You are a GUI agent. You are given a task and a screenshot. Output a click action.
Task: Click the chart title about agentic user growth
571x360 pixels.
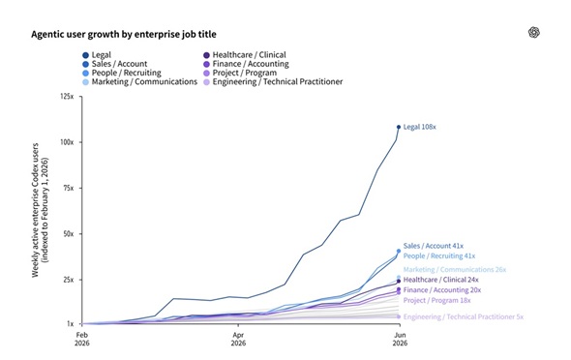pyautogui.click(x=124, y=34)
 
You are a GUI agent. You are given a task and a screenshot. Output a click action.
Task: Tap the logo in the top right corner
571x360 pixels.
pyautogui.click(x=534, y=32)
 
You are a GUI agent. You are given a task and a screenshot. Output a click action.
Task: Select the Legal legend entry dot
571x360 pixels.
pyautogui.click(x=85, y=55)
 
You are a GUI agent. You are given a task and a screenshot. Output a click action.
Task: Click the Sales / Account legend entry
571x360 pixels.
pyautogui.click(x=115, y=64)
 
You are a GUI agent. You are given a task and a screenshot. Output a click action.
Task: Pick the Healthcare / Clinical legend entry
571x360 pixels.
pyautogui.click(x=245, y=55)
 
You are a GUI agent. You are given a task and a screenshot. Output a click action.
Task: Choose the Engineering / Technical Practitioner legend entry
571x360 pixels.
pyautogui.click(x=273, y=82)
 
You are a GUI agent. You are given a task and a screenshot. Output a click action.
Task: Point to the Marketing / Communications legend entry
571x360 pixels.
pyautogui.click(x=139, y=82)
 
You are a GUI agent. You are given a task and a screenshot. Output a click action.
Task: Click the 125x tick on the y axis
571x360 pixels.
pyautogui.click(x=67, y=97)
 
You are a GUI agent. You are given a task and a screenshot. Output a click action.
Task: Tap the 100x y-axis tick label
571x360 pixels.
pyautogui.click(x=67, y=142)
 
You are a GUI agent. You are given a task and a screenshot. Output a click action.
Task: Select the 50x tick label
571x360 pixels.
pyautogui.click(x=68, y=233)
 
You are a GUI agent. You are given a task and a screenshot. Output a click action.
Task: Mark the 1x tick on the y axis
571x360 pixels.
pyautogui.click(x=70, y=323)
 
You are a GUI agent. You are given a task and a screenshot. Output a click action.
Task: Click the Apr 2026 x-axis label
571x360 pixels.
pyautogui.click(x=238, y=339)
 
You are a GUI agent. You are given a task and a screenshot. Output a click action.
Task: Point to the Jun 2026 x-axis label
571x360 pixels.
pyautogui.click(x=400, y=339)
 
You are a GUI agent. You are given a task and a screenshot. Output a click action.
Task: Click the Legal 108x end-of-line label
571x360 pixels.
pyautogui.click(x=419, y=127)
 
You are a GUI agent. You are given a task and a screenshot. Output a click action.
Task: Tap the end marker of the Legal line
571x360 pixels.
pyautogui.click(x=399, y=127)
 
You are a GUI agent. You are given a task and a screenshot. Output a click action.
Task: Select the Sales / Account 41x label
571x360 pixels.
pyautogui.click(x=434, y=246)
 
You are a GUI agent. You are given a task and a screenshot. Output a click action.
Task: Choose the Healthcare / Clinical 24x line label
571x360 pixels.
pyautogui.click(x=440, y=280)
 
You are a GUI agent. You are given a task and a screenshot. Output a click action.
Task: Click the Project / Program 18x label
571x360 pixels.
pyautogui.click(x=437, y=300)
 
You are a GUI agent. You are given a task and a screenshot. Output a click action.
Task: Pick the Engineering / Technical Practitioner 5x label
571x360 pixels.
pyautogui.click(x=464, y=317)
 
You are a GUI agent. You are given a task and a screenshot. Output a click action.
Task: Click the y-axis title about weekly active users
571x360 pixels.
pyautogui.click(x=40, y=210)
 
